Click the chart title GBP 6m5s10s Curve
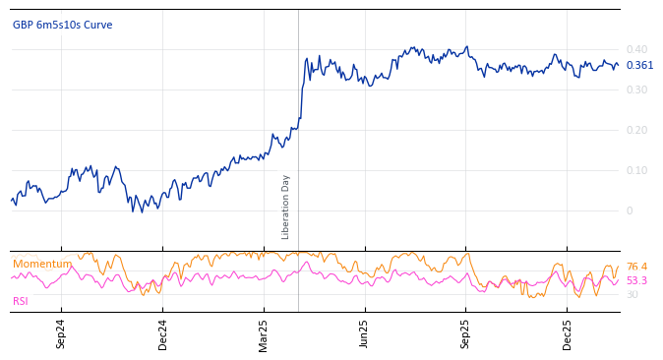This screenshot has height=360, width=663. click(x=62, y=25)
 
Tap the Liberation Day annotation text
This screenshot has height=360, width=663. click(x=286, y=207)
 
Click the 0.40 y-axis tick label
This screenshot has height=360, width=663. click(x=636, y=49)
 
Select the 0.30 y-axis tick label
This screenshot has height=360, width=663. click(x=636, y=90)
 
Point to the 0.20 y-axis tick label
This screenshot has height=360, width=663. click(x=636, y=130)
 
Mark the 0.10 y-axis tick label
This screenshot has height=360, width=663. click(x=636, y=170)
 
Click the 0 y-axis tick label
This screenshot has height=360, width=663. click(x=630, y=210)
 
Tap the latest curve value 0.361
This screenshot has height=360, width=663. click(x=639, y=66)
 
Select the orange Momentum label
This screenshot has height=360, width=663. click(x=41, y=264)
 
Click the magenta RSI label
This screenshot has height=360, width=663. click(x=21, y=301)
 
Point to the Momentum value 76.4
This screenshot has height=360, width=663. click(x=636, y=267)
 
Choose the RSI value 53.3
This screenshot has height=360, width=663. click(x=636, y=280)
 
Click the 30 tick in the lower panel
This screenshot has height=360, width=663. click(x=632, y=294)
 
